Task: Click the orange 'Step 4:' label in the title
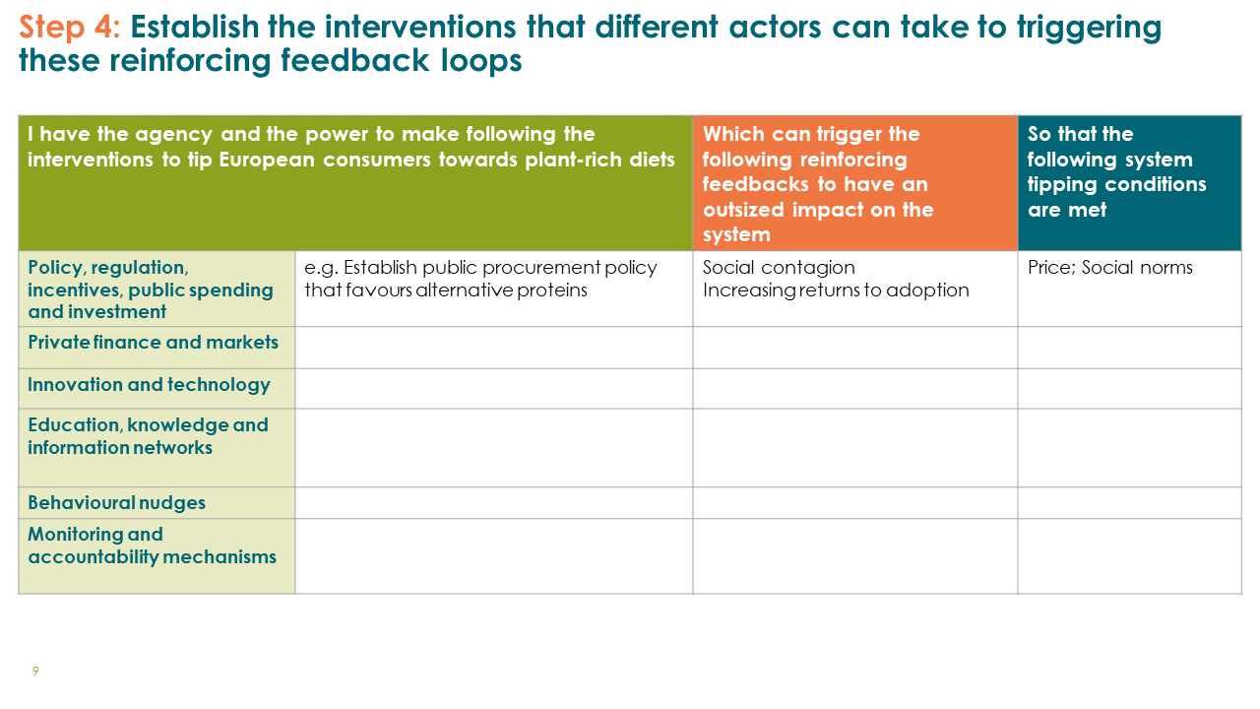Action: tap(69, 27)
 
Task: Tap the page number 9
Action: tap(35, 671)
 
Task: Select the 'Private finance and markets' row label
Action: tap(153, 342)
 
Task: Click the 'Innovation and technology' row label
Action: tap(149, 385)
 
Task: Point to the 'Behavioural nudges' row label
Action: tap(116, 502)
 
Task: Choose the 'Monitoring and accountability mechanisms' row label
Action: tap(152, 546)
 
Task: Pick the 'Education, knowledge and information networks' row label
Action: tap(148, 436)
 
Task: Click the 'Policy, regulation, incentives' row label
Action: tap(151, 290)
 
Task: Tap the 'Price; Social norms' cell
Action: tap(1109, 267)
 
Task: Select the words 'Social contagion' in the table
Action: tap(779, 267)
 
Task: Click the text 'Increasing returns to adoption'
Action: tap(836, 290)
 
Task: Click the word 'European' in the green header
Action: tap(266, 160)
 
